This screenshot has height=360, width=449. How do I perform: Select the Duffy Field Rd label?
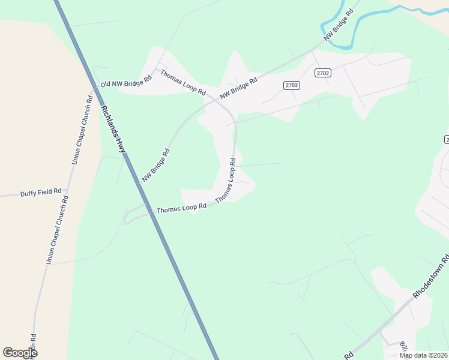coord(41,193)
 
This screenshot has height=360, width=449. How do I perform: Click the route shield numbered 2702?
coord(323,73)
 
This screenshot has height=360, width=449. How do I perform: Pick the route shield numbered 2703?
coord(292,85)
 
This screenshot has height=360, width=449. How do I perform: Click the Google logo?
coord(20,353)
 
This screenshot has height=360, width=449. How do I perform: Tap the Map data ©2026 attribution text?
coord(423,355)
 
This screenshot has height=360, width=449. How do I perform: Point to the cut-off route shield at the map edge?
coord(447,139)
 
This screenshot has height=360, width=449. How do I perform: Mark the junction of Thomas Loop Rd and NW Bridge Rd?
coord(217,100)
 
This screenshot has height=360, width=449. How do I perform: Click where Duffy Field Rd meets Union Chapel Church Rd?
coord(67,193)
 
